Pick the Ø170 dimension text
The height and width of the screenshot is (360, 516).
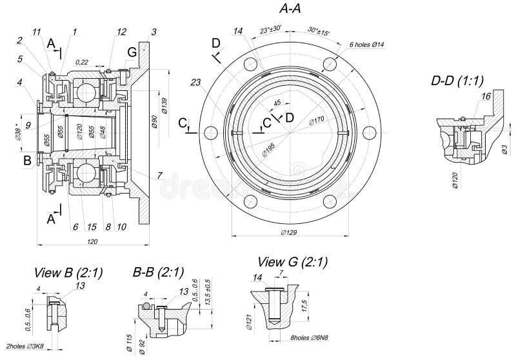(x=315, y=120)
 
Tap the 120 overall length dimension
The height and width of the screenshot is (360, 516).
(x=92, y=241)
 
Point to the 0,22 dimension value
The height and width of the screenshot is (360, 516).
(x=82, y=62)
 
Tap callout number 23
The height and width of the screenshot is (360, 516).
(x=195, y=82)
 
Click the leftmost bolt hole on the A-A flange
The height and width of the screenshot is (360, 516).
(x=211, y=132)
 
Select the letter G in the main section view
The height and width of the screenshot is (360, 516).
(x=132, y=51)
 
